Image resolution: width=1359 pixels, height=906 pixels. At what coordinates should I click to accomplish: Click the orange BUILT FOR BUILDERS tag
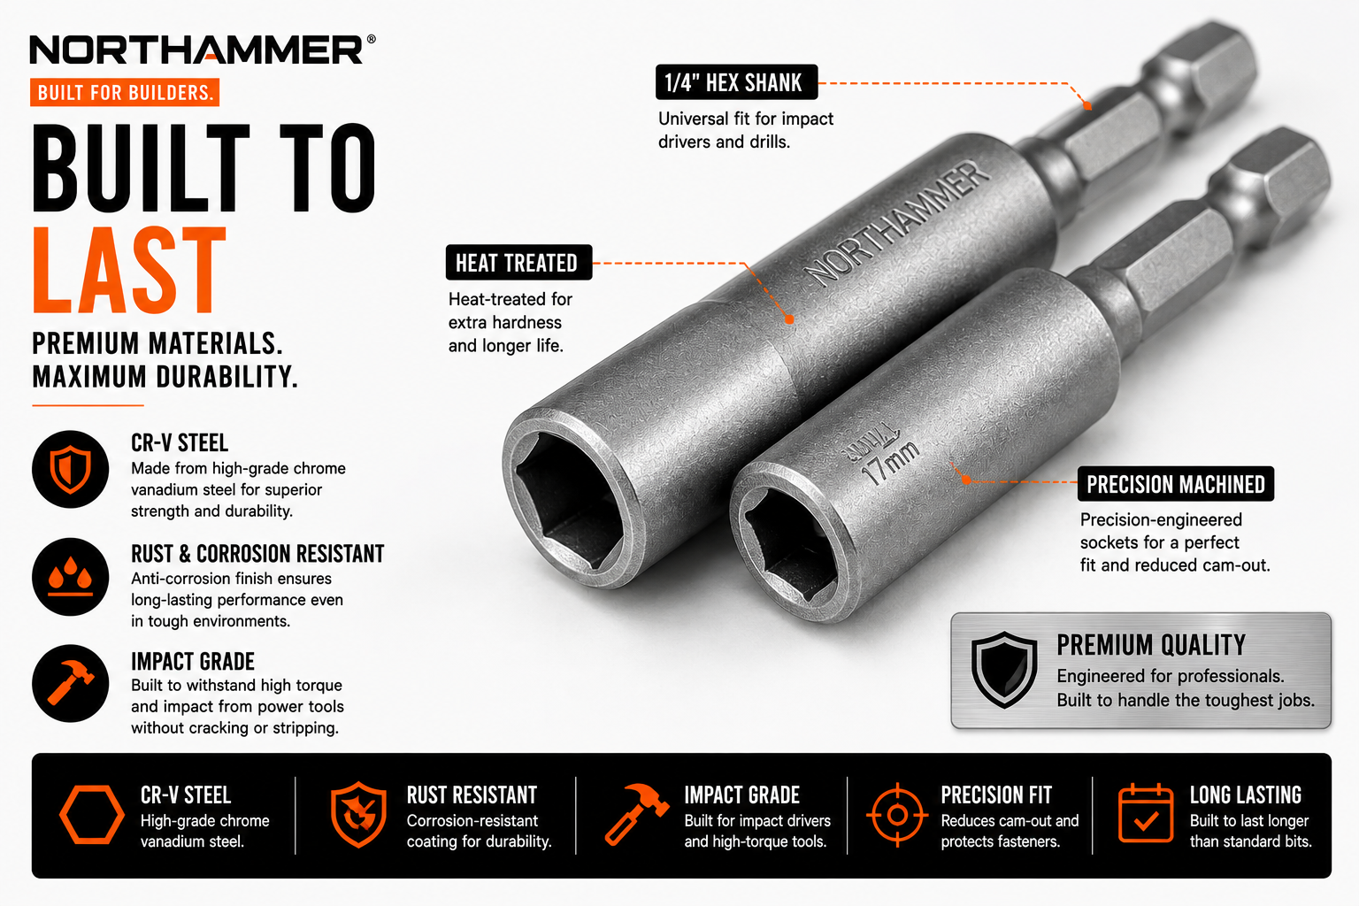pyautogui.click(x=125, y=92)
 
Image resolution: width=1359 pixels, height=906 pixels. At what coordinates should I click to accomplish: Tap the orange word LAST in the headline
pyautogui.click(x=129, y=270)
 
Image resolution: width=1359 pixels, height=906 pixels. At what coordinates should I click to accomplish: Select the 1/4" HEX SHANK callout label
pyautogui.click(x=736, y=82)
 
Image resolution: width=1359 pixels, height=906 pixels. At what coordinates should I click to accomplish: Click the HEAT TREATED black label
pyautogui.click(x=518, y=262)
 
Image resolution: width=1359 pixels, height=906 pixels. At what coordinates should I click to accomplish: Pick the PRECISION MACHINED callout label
pyautogui.click(x=1176, y=484)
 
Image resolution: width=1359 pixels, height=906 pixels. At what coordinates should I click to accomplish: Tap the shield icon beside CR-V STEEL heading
pyautogui.click(x=71, y=469)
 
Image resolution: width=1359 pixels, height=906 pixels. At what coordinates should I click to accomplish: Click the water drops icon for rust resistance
pyautogui.click(x=71, y=577)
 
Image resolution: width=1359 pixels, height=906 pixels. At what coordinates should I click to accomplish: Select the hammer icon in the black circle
pyautogui.click(x=71, y=683)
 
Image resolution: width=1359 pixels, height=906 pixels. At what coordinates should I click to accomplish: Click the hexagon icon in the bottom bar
pyautogui.click(x=92, y=815)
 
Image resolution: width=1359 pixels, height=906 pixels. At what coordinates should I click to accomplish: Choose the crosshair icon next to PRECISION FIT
pyautogui.click(x=897, y=815)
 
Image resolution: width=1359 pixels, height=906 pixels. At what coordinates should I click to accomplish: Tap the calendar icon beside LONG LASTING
pyautogui.click(x=1146, y=813)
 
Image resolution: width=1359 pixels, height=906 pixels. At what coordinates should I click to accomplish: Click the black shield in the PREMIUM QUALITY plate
pyautogui.click(x=1004, y=670)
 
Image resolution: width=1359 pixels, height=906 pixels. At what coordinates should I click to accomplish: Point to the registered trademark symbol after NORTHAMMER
pyautogui.click(x=371, y=39)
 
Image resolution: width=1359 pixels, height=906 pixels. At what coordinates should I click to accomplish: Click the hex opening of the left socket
pyautogui.click(x=570, y=502)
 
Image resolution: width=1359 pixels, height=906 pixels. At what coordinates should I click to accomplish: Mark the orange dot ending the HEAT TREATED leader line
pyautogui.click(x=789, y=319)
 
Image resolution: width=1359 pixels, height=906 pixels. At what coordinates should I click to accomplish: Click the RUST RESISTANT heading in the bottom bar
pyautogui.click(x=472, y=795)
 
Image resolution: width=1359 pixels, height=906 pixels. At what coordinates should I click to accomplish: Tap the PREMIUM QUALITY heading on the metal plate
pyautogui.click(x=1151, y=645)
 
